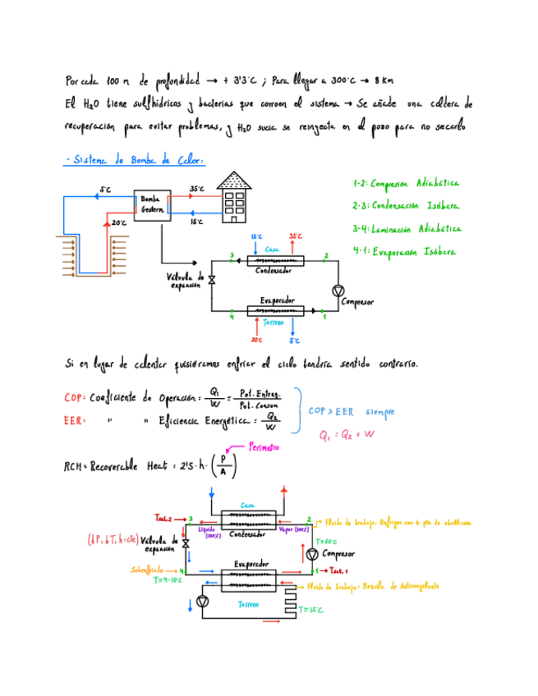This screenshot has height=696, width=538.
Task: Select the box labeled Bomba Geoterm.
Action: [x=153, y=204]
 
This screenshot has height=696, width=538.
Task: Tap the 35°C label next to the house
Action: [x=197, y=188]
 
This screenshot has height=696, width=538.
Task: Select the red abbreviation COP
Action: [x=72, y=398]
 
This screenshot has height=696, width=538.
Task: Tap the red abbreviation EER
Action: [x=72, y=421]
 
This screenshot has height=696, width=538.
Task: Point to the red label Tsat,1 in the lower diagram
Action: [x=337, y=570]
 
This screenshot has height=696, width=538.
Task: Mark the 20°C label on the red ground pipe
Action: [x=119, y=222]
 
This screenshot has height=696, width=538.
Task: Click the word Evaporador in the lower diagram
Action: [x=250, y=564]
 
